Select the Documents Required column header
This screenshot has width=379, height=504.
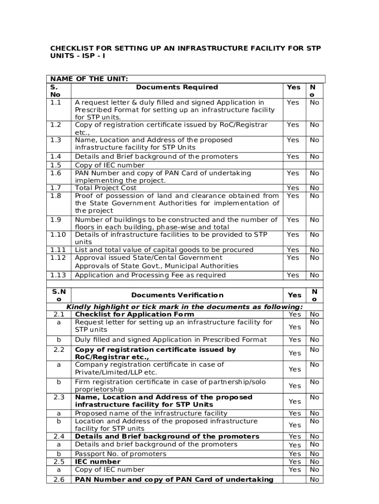(x=177, y=87)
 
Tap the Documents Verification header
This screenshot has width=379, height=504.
(x=177, y=295)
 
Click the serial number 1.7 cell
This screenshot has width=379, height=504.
(x=55, y=188)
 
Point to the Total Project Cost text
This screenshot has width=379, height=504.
(x=105, y=188)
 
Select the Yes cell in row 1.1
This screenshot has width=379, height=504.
(x=293, y=102)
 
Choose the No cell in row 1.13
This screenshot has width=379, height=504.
(x=314, y=275)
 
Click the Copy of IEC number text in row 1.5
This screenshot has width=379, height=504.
(x=109, y=165)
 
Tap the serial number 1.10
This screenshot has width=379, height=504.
(x=58, y=235)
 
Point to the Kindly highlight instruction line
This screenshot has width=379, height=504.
(x=185, y=307)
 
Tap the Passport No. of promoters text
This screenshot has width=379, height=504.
(x=120, y=454)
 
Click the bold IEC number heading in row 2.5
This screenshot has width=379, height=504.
(x=97, y=462)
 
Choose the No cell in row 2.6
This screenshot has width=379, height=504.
(x=314, y=479)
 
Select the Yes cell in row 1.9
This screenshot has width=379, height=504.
(x=293, y=220)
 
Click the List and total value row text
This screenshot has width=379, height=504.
(x=164, y=250)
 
